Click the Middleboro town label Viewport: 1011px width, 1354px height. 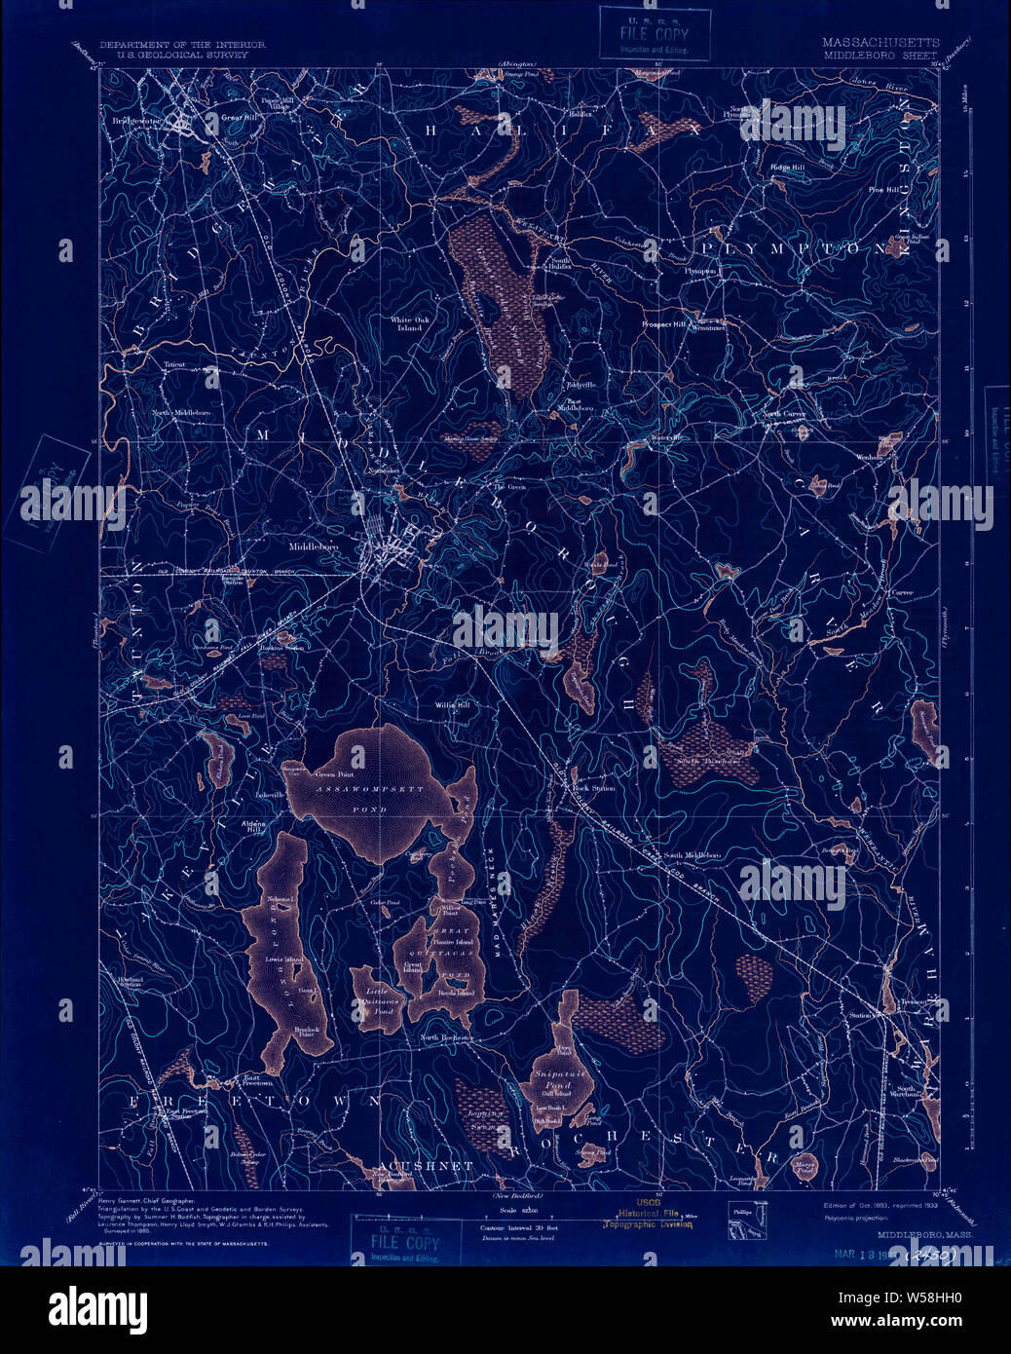(314, 548)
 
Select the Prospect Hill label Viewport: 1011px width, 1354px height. (664, 323)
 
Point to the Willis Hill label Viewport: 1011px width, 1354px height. (452, 703)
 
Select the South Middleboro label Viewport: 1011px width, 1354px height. (692, 855)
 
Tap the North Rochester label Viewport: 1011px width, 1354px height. (446, 1037)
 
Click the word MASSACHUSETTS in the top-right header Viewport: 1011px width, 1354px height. (880, 43)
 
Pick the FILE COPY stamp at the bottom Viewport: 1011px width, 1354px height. (405, 1242)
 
